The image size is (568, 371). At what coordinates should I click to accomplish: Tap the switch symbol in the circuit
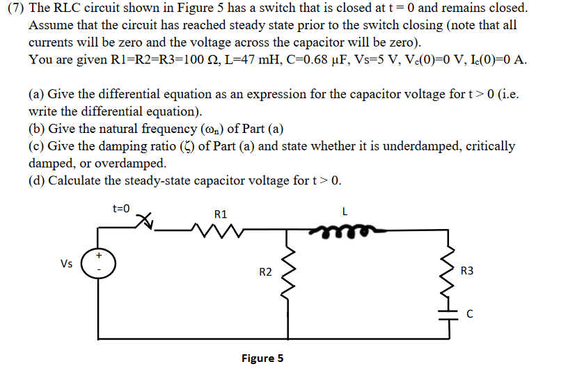pos(145,221)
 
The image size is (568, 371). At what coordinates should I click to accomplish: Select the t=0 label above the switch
pos(121,207)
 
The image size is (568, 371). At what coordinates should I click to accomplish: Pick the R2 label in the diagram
pos(265,272)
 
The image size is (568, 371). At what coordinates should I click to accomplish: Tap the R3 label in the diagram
pos(467,271)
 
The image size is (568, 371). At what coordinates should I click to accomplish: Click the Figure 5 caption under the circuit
pos(262,358)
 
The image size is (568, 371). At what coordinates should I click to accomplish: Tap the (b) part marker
pos(36,129)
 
